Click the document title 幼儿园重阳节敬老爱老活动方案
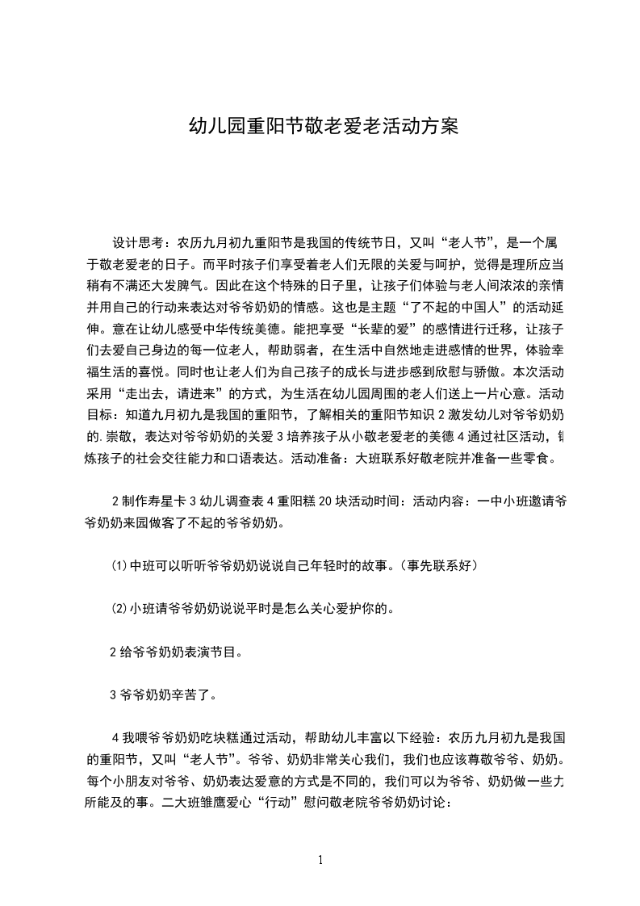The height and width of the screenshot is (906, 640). tap(323, 127)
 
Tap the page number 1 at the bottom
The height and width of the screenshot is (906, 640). tap(320, 860)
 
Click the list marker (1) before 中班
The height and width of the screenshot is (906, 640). tap(119, 566)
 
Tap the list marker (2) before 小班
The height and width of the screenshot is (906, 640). tap(119, 608)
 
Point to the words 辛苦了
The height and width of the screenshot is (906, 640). tap(195, 694)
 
